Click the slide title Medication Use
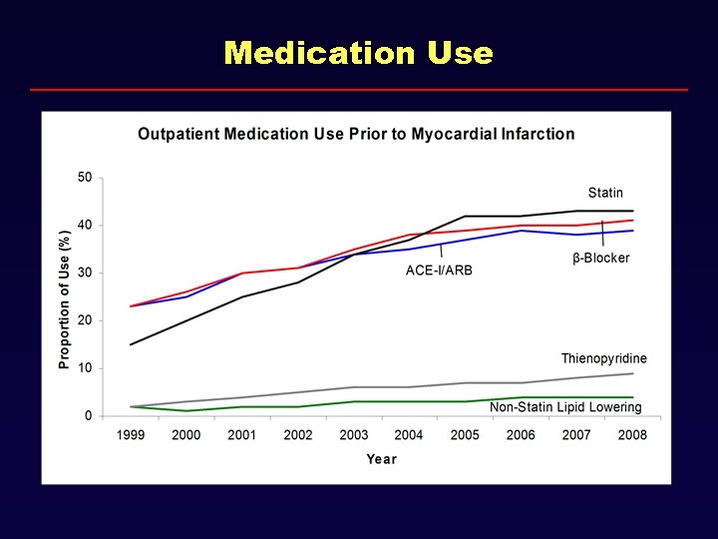pyautogui.click(x=359, y=52)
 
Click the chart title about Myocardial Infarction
pyautogui.click(x=356, y=134)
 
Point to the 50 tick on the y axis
pyautogui.click(x=85, y=178)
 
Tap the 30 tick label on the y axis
pyautogui.click(x=85, y=272)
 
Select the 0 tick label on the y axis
pyautogui.click(x=88, y=415)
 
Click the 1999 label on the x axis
pyautogui.click(x=131, y=435)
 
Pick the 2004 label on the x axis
pyautogui.click(x=409, y=435)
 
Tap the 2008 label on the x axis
pyautogui.click(x=631, y=435)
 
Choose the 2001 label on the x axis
pyautogui.click(x=242, y=435)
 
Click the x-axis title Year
pyautogui.click(x=381, y=459)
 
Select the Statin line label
pyautogui.click(x=605, y=193)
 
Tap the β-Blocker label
pyautogui.click(x=601, y=259)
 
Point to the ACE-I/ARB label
pyautogui.click(x=440, y=269)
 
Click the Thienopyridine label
pyautogui.click(x=603, y=358)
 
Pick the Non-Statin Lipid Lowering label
pyautogui.click(x=565, y=407)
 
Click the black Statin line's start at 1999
pyautogui.click(x=131, y=344)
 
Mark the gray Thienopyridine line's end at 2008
pyautogui.click(x=632, y=373)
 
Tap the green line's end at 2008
pyautogui.click(x=632, y=397)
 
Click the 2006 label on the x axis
pyautogui.click(x=521, y=435)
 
